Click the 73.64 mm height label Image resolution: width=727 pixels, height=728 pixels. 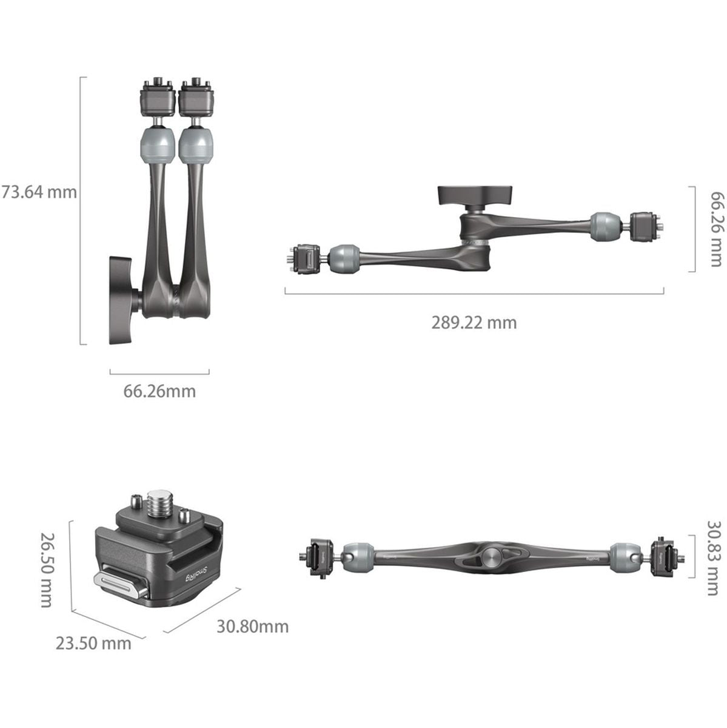[x=39, y=192]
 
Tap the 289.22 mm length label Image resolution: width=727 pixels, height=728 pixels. [x=474, y=322]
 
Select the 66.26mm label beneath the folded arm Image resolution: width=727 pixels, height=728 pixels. [x=159, y=391]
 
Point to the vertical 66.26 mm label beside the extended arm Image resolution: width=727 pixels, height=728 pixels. [x=715, y=229]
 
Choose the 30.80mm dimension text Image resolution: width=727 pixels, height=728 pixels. [x=252, y=626]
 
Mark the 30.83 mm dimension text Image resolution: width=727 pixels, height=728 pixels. [x=715, y=558]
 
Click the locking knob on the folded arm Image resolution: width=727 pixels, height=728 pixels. [x=124, y=300]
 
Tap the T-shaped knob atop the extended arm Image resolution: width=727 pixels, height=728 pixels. [x=475, y=196]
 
